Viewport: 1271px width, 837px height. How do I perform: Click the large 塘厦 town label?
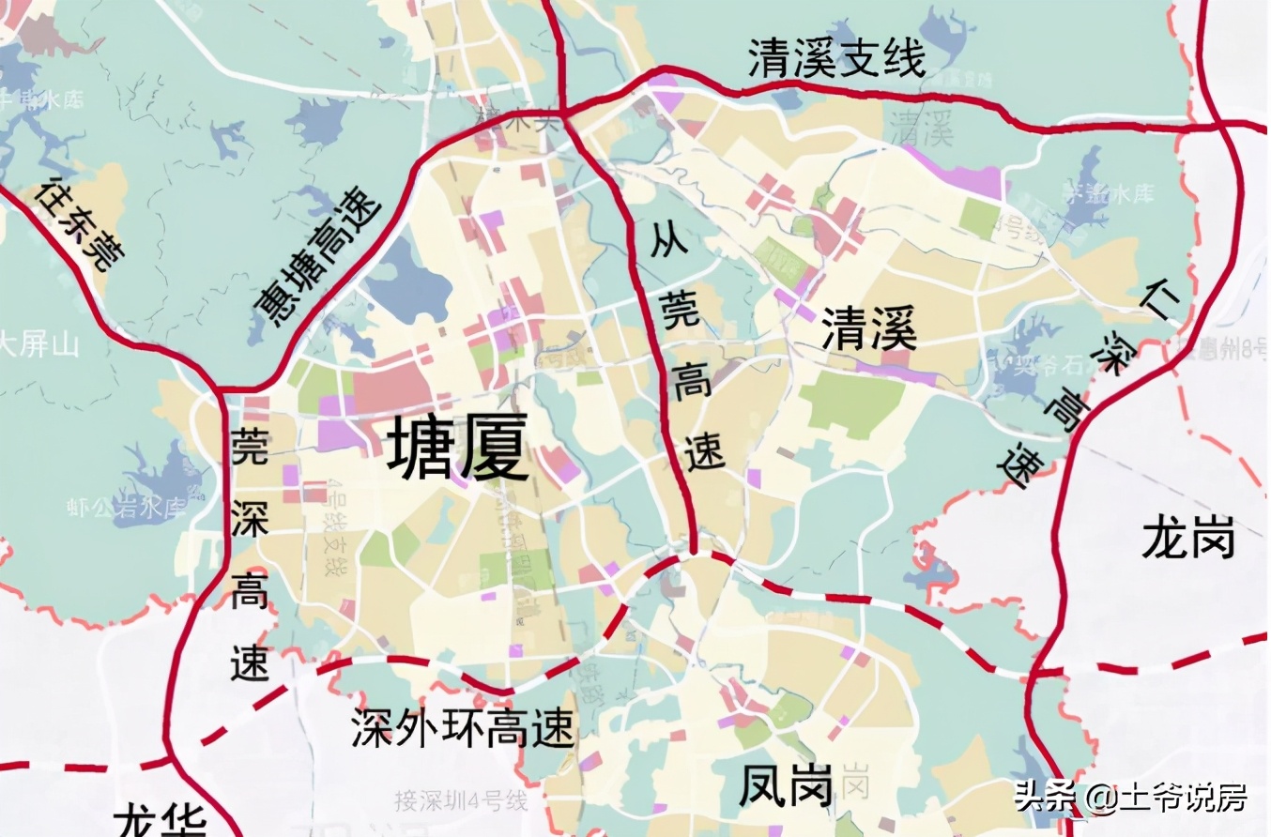tap(458, 449)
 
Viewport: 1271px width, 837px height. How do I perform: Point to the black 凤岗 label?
tap(786, 787)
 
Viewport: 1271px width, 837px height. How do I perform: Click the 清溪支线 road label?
tap(836, 58)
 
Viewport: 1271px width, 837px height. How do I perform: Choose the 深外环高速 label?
tap(463, 727)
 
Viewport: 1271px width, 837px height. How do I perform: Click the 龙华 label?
tap(161, 821)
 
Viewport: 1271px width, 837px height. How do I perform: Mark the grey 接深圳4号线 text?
tap(461, 801)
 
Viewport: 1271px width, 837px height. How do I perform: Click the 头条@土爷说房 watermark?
tap(1131, 798)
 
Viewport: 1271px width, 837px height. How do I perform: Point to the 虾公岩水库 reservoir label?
tap(128, 508)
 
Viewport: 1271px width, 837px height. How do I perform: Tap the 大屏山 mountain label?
tap(39, 344)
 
